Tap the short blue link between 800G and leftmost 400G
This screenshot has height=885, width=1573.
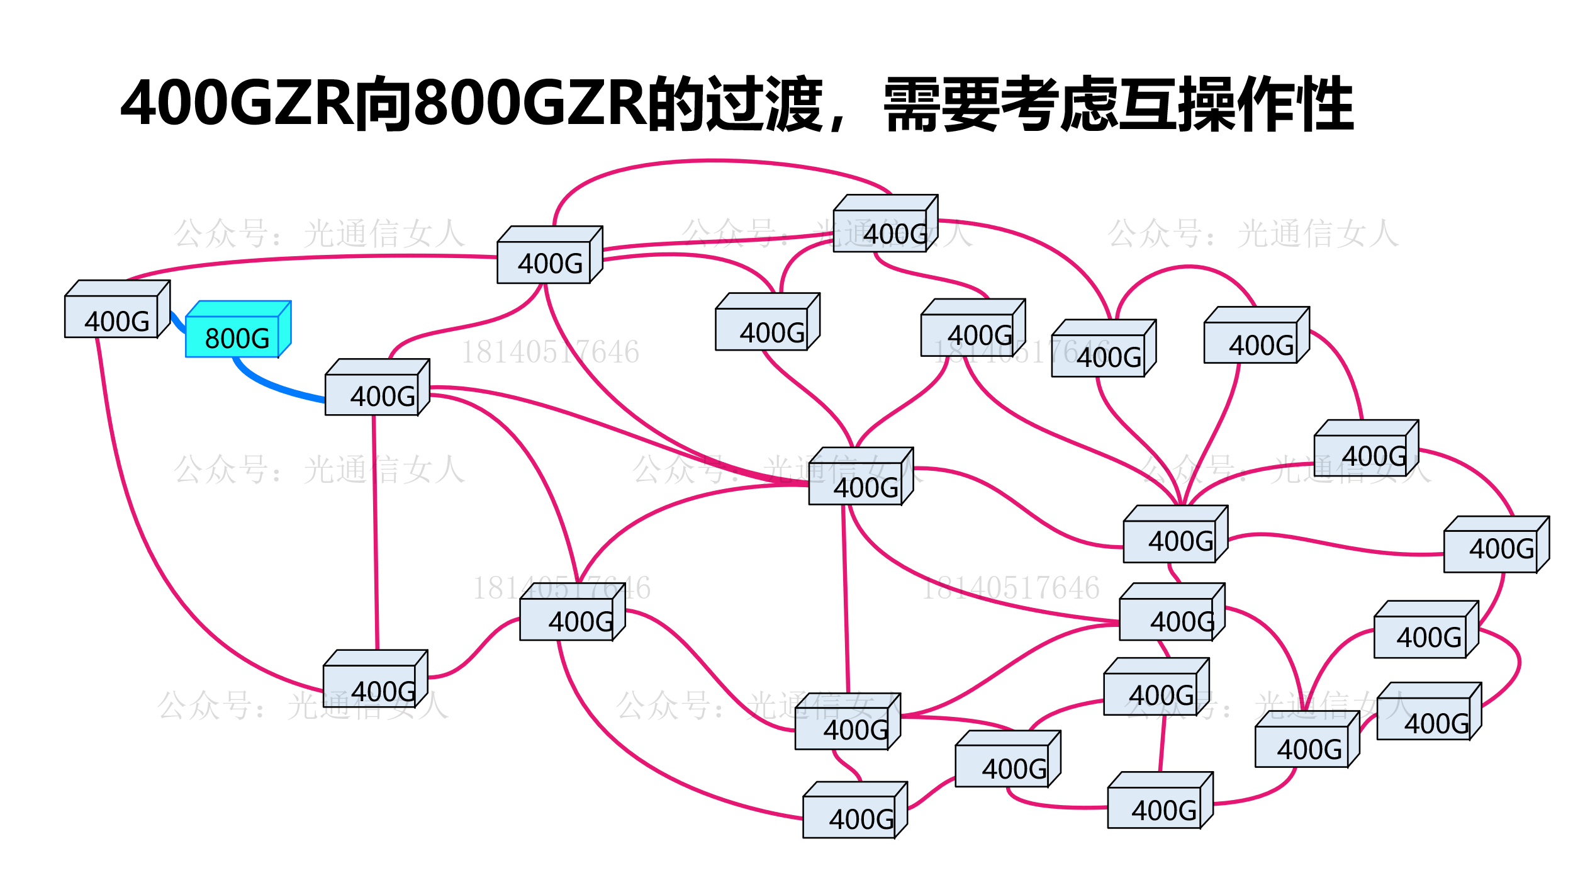(177, 322)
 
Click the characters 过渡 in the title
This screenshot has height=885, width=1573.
(764, 104)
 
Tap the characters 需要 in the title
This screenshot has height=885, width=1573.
(941, 104)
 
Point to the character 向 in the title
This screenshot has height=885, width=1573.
(384, 104)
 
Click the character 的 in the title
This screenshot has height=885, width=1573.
(676, 104)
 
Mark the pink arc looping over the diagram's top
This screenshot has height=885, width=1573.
(711, 161)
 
